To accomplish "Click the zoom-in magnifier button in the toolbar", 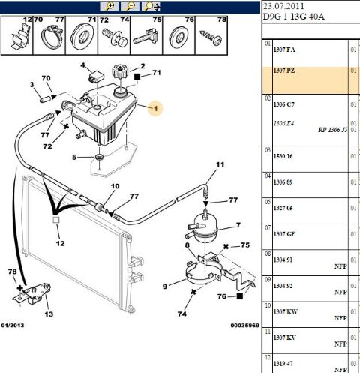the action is (109, 6).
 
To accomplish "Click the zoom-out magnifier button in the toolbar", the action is (130, 6).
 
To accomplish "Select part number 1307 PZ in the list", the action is (284, 71).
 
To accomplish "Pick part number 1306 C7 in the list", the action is (284, 104).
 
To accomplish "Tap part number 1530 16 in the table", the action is (283, 156).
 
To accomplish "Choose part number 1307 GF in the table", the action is (284, 234).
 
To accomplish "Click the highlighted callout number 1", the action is (156, 109).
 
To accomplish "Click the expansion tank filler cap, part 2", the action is (120, 71).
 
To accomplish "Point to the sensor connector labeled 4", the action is (96, 77).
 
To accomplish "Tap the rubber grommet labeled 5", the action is (99, 158).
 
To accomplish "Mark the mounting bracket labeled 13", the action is (32, 293).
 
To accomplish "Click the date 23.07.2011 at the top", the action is (283, 6).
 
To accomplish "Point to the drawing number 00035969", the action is (244, 326).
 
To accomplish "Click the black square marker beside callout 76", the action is (239, 296).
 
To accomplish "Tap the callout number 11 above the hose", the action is (220, 164).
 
